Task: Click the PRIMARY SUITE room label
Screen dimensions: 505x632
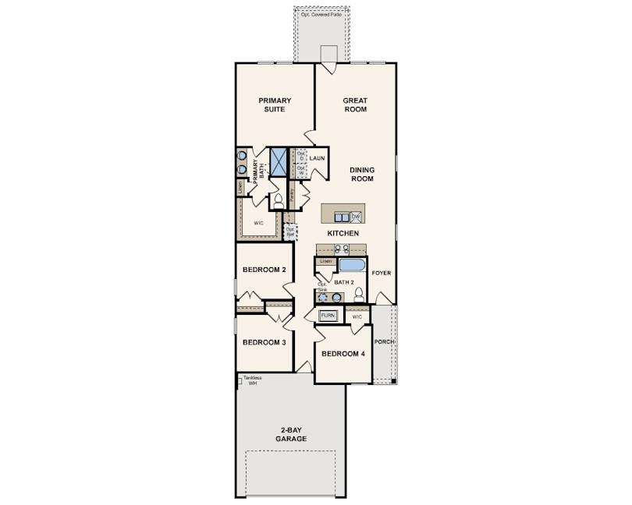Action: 275,104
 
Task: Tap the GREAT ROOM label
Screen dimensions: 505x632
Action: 355,104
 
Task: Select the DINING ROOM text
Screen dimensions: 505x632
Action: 361,174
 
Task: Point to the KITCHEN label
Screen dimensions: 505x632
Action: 343,233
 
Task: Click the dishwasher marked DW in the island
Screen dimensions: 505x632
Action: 356,216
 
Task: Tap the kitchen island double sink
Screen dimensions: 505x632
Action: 341,216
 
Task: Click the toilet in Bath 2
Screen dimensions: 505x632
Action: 359,295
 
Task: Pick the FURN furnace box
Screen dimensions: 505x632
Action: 328,316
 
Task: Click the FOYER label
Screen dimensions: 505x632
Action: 381,274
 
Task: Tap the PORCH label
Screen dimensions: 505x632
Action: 383,342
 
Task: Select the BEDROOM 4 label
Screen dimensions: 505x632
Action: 343,354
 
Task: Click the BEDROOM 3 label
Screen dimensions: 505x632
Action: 264,342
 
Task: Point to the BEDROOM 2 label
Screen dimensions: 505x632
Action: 264,270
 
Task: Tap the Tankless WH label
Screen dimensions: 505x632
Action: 251,381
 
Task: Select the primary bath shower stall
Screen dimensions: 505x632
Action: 279,161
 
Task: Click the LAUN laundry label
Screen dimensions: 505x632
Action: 316,158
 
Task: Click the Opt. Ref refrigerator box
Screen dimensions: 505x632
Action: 290,231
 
